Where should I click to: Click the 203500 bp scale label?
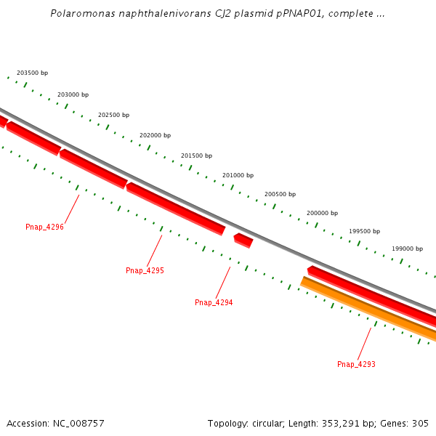coord(32,73)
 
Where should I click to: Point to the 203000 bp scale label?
coord(73,95)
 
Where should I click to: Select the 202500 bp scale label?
coord(113,116)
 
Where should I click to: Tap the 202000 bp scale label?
coord(155,136)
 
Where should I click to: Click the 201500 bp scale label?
coord(196,156)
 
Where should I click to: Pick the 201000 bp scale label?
coord(238,176)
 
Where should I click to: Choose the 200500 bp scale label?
coord(280,195)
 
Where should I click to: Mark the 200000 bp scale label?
coord(322,214)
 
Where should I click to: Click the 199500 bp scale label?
coord(364,232)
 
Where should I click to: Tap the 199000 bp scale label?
coord(407,249)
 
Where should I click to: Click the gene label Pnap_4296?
coord(44,227)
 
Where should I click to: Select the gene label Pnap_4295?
coord(145,271)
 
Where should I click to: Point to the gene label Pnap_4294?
coord(214,303)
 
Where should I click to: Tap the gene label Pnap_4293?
coord(356,365)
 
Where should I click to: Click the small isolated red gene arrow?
coord(243,240)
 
